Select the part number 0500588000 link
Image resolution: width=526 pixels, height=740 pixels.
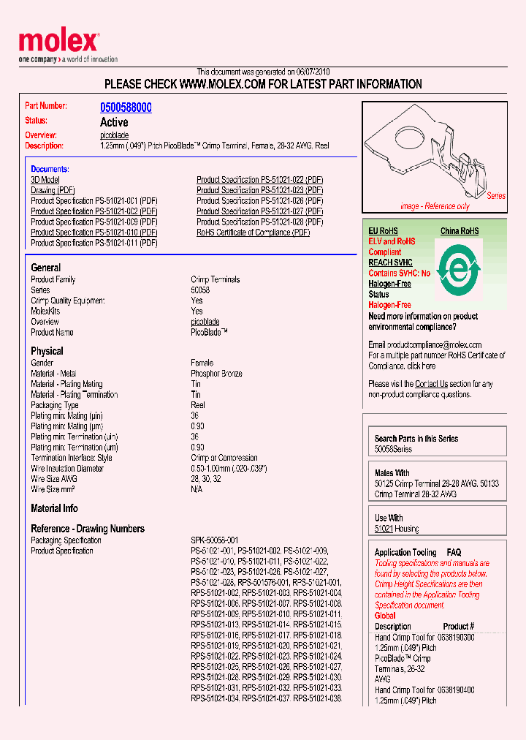point(126,107)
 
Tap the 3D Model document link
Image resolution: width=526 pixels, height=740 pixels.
point(45,180)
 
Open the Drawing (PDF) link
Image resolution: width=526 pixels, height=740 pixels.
point(53,190)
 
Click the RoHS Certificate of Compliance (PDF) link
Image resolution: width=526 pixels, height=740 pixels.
point(253,233)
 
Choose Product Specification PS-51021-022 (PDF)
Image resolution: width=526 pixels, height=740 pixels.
point(259,180)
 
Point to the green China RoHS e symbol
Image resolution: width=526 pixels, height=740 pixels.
point(457,271)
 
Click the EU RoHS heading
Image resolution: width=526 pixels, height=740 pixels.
point(383,231)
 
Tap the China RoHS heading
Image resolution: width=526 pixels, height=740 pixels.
point(460,231)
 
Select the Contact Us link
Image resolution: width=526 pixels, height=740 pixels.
point(431,384)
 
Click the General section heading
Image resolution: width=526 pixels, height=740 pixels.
point(46,268)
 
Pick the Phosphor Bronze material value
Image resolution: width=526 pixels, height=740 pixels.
point(218,374)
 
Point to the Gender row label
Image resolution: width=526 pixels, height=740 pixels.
point(42,363)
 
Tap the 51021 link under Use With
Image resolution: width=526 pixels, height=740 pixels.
point(384,529)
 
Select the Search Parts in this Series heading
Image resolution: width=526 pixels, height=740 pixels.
point(416,439)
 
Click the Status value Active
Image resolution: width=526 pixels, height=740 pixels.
point(114,122)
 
